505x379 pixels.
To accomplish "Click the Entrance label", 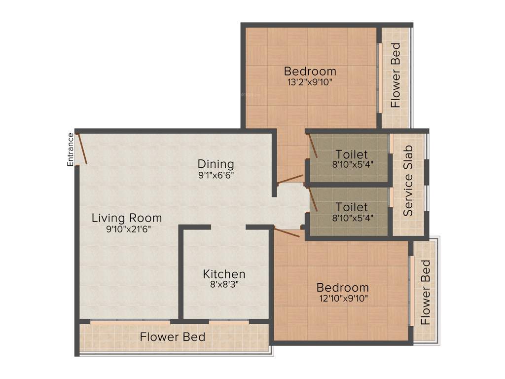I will point(71,150).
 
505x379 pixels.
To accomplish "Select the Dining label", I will point(216,164).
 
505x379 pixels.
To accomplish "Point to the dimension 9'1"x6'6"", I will point(216,174).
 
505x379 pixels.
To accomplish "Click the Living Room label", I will point(127,218).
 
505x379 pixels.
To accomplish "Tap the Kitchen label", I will point(224,274).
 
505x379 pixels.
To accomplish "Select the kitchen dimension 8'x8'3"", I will point(224,284).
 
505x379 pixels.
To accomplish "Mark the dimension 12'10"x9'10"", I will point(342,298).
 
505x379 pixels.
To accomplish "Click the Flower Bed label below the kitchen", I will point(172,338).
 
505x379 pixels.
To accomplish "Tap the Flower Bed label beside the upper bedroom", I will point(396,76).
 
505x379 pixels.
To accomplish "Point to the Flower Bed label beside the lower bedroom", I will point(426,292).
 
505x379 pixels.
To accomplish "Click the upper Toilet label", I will point(352,153).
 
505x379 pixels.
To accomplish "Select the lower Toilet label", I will point(352,207).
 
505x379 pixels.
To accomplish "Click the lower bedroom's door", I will point(287,232).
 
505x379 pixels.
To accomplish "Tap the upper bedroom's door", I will point(290,179).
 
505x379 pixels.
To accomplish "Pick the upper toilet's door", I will point(313,147).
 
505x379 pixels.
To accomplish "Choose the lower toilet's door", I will point(313,200).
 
